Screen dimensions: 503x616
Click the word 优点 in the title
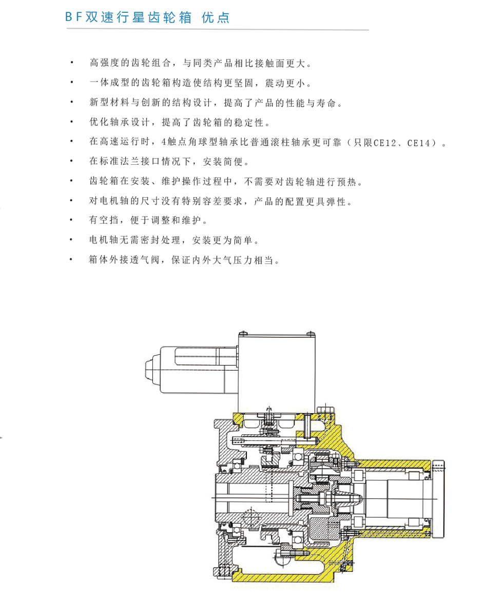(215, 17)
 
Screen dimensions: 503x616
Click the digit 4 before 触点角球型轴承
(164, 142)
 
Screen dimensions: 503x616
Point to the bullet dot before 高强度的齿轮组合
(71, 62)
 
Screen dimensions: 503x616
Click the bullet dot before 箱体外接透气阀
(71, 259)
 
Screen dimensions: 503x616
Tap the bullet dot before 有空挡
(71, 220)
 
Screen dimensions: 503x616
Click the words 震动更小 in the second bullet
(285, 83)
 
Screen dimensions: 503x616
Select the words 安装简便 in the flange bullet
(223, 161)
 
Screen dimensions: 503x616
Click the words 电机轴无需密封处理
(134, 240)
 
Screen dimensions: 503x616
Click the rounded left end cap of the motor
(152, 370)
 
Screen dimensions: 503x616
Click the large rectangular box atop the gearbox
(277, 373)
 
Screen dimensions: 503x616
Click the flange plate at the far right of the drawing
(438, 498)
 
